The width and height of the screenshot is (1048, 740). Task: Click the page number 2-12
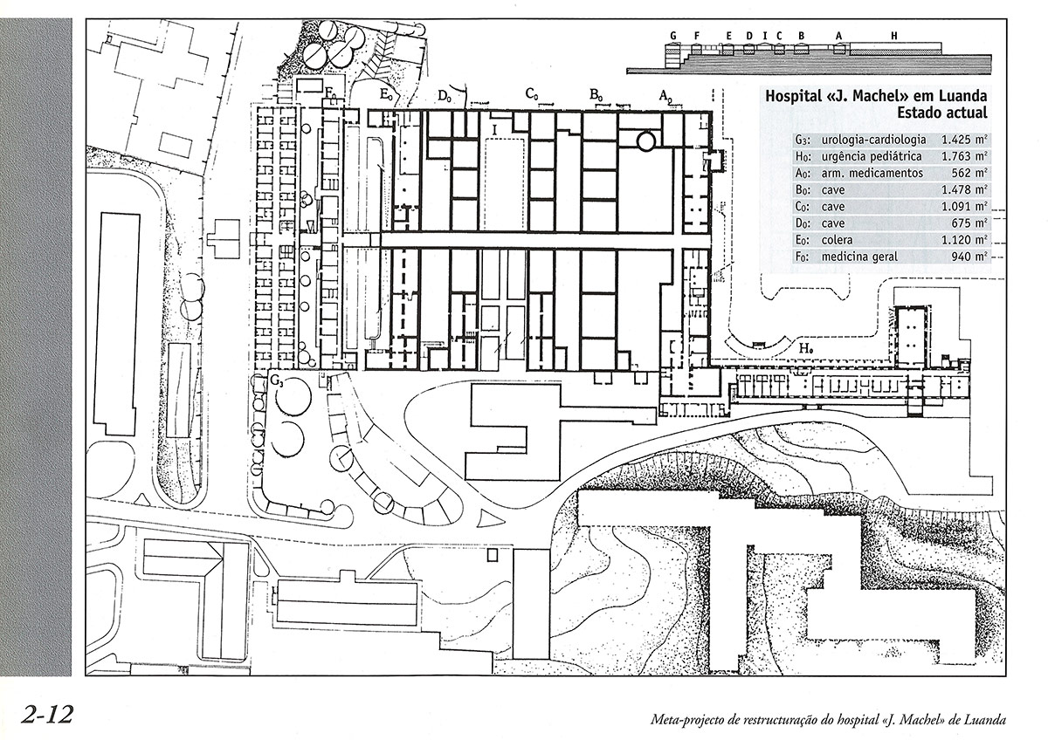point(47,716)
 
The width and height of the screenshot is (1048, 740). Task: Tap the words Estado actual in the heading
point(942,113)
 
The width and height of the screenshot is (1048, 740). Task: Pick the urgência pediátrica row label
point(872,156)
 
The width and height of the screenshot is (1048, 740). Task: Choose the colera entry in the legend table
point(837,240)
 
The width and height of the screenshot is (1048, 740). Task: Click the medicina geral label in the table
point(860,257)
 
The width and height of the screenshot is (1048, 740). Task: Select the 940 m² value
point(969,257)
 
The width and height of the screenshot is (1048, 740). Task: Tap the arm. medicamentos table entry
point(872,174)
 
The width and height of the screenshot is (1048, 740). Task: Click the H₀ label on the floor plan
point(805,348)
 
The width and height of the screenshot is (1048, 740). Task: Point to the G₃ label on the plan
point(277,380)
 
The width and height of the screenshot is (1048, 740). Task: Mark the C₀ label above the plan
point(532,94)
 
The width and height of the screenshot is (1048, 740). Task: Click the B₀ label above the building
point(596,95)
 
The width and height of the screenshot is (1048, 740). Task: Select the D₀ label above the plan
point(445,96)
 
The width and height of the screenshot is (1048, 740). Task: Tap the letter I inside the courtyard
point(494,130)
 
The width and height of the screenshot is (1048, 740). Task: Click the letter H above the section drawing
point(894,36)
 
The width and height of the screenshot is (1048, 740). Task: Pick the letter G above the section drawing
point(673,36)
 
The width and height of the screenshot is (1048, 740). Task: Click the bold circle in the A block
point(645,140)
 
